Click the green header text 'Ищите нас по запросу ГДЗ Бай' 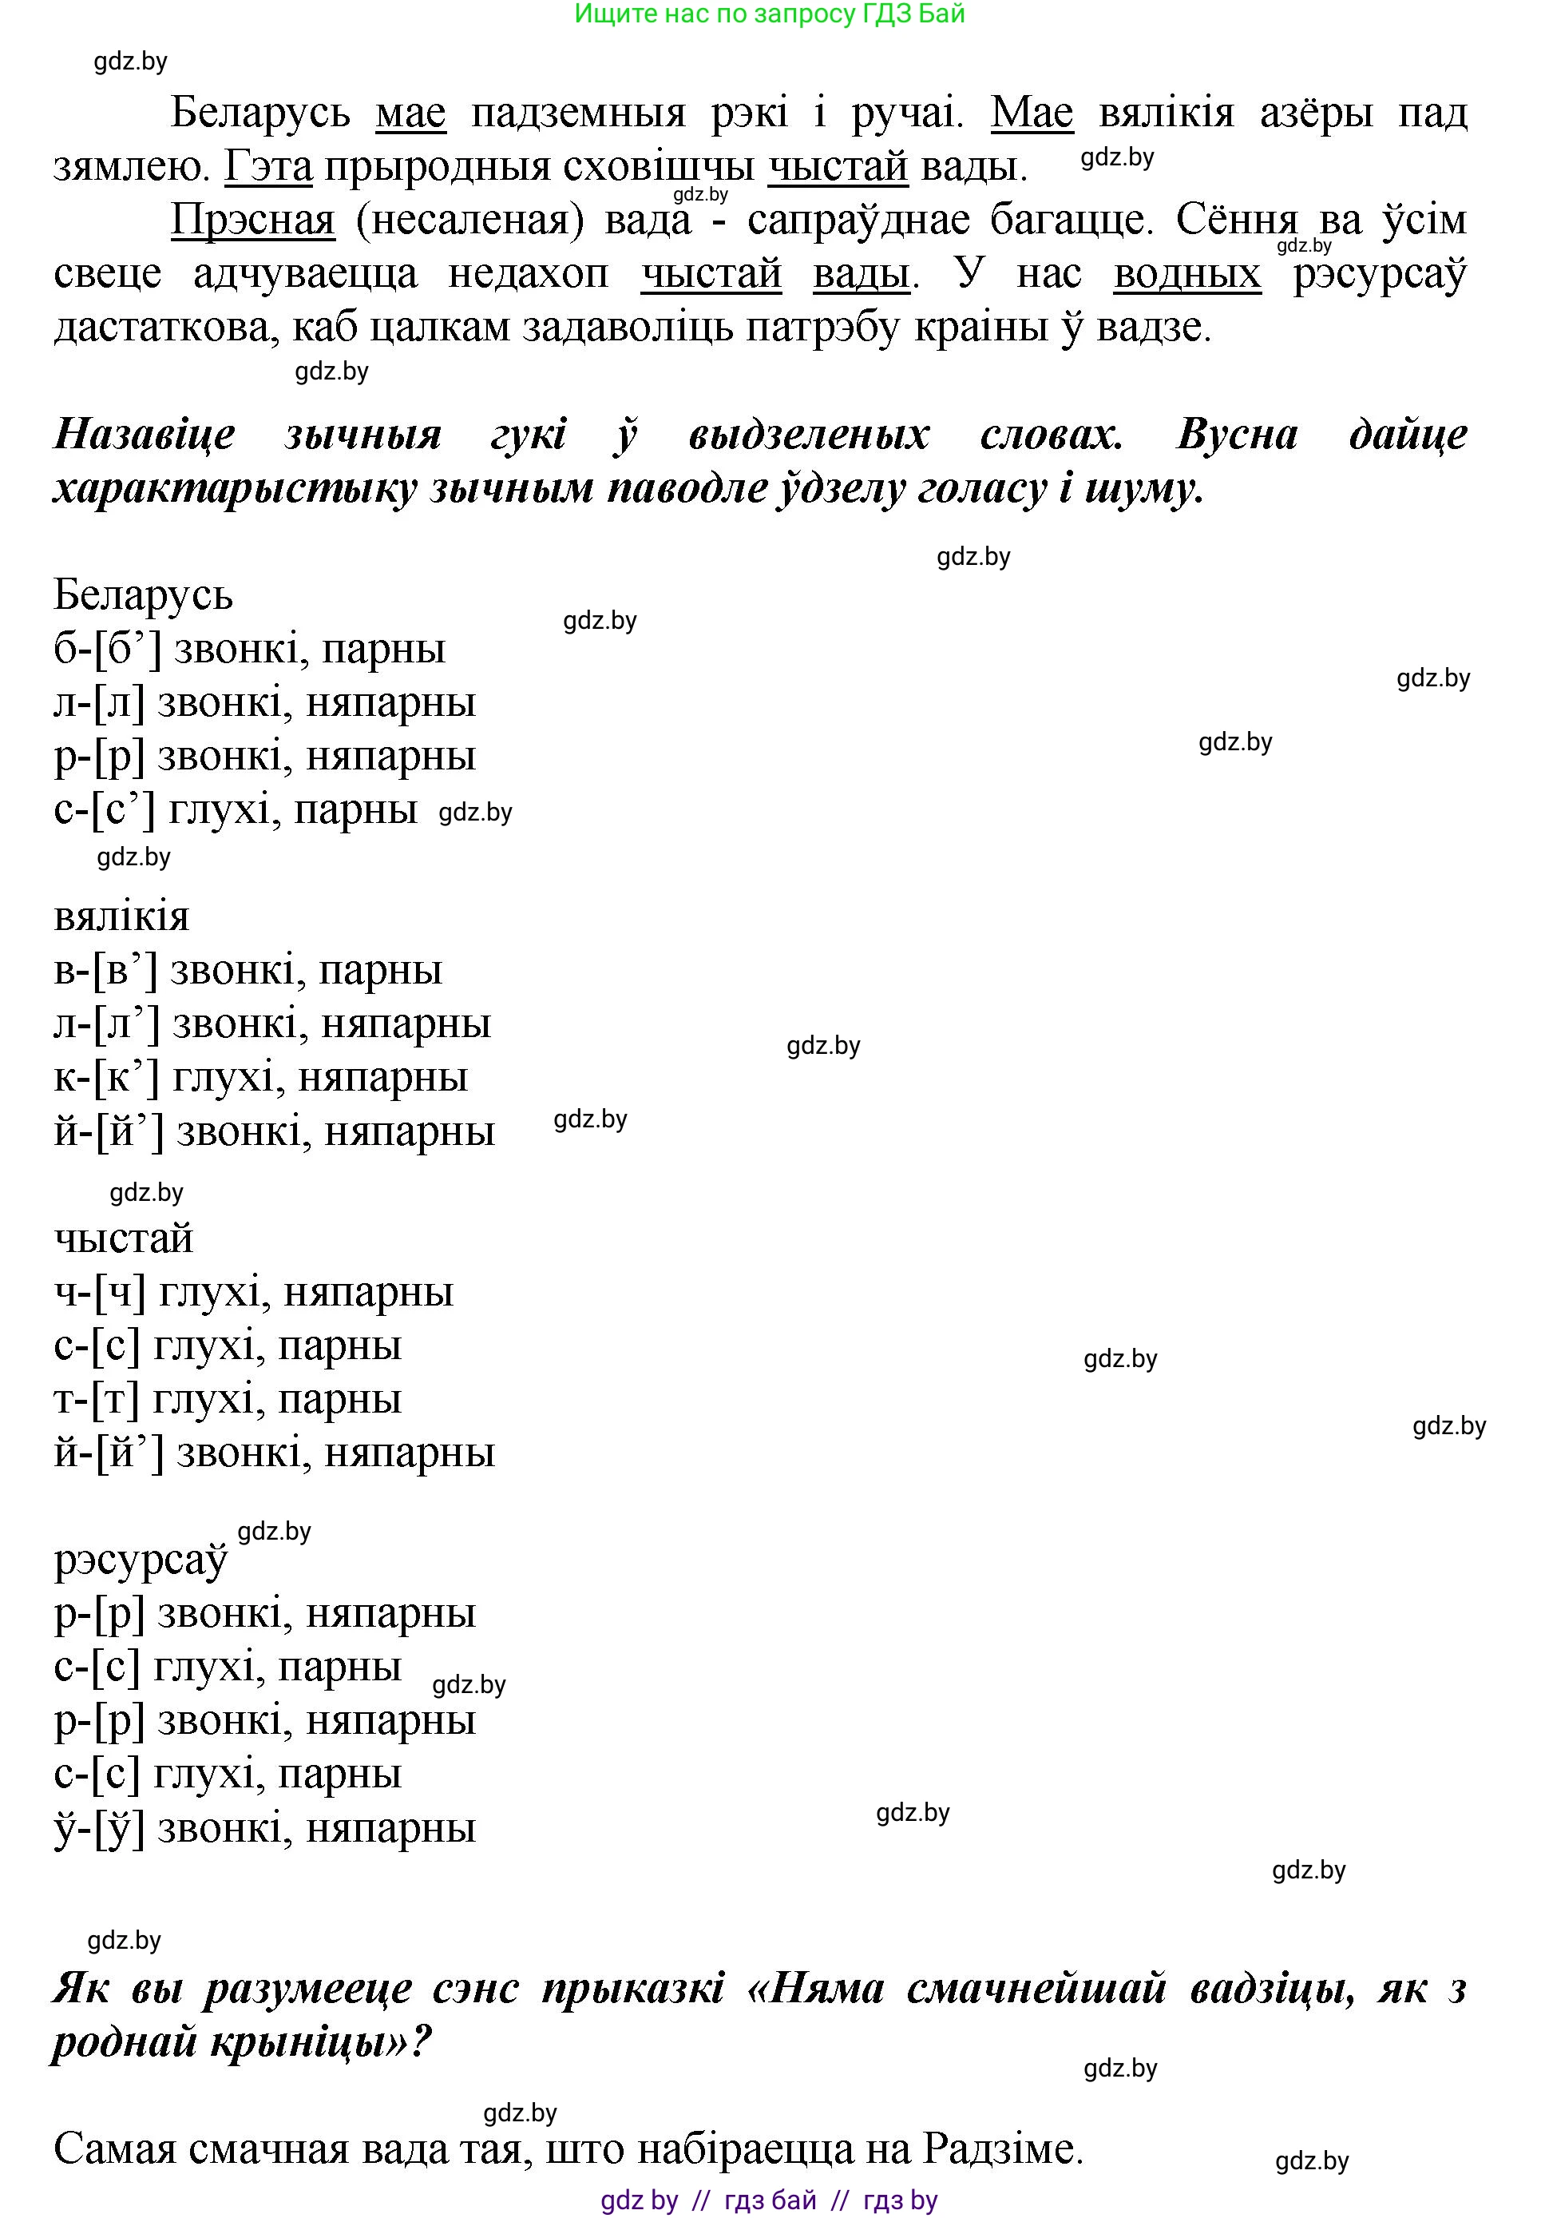(769, 14)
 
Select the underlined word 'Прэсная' (252, 221)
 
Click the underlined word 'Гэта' (268, 167)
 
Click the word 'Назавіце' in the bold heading (144, 435)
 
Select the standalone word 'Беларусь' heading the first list (143, 594)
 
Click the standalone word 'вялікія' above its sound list (121, 916)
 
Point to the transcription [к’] (125, 1077)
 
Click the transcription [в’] (125, 970)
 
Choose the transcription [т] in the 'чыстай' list (116, 1400)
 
